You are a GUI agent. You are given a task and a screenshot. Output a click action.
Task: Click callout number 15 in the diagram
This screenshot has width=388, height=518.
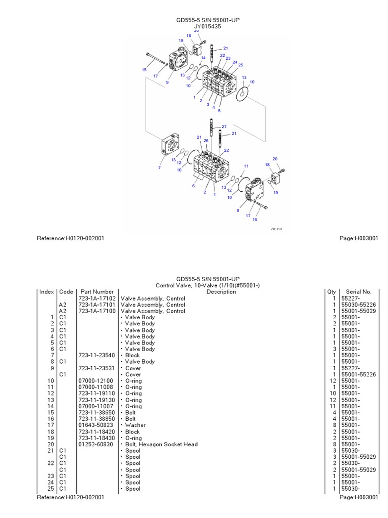(x=144, y=70)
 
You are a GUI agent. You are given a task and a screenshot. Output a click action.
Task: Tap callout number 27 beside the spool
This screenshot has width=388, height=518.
(x=224, y=126)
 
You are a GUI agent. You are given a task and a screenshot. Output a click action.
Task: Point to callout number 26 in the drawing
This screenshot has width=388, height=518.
(x=206, y=141)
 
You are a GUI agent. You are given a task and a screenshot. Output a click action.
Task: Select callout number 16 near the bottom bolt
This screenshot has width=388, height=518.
(x=255, y=220)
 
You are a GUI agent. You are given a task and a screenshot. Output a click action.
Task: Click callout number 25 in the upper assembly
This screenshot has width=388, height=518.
(x=240, y=65)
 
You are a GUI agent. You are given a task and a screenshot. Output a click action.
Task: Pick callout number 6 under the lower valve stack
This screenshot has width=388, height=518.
(x=193, y=186)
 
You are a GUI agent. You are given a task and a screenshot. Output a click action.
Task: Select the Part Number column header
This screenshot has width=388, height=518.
(x=96, y=292)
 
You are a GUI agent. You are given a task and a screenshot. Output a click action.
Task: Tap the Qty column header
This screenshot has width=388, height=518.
(x=331, y=292)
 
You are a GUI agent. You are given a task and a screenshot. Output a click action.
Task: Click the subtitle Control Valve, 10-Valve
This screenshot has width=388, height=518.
(x=208, y=285)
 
